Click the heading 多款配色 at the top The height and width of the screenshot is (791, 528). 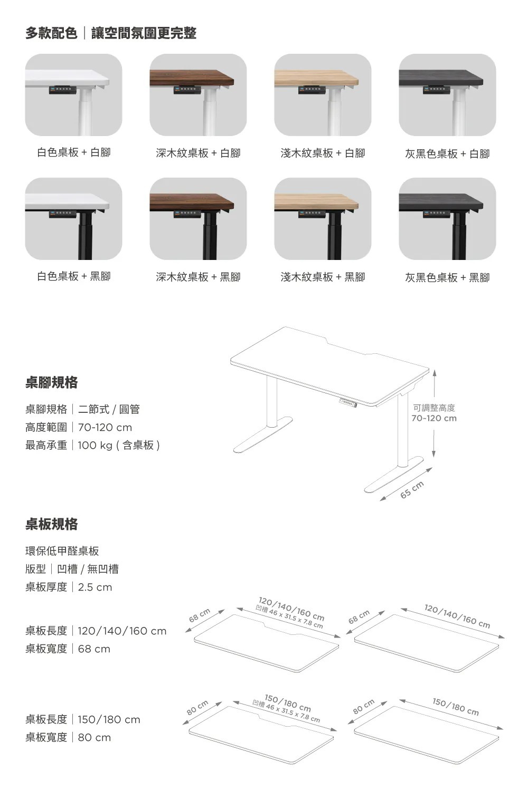coord(52,33)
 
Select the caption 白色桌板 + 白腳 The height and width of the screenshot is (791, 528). coord(73,152)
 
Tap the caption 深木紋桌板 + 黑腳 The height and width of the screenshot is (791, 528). coord(198,277)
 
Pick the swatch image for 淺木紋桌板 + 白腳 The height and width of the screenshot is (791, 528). coord(323,95)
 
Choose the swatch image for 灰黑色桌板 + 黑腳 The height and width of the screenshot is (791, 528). coord(447,219)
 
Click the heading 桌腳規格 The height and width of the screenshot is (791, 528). coord(52,382)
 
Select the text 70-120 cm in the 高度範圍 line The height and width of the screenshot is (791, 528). coord(105,427)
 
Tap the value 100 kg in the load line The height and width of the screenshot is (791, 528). coord(95,445)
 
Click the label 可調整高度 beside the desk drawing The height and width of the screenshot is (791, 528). coord(434,408)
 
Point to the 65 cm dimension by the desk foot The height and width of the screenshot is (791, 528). coord(412,490)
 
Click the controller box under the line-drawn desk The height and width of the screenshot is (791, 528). coord(347,403)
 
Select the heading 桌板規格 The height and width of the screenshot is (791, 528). coord(52,524)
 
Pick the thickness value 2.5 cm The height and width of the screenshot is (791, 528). coord(95,587)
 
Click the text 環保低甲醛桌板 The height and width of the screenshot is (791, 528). coord(62,551)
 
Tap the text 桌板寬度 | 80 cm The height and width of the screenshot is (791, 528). coord(68,737)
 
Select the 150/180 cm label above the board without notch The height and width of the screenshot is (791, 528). coord(456,707)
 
